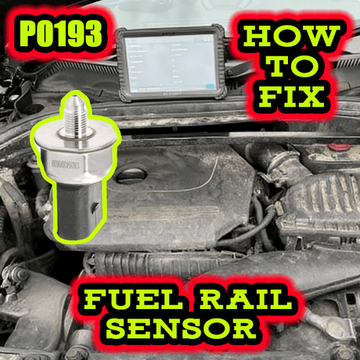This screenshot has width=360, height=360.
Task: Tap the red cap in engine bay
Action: [x=337, y=146]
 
